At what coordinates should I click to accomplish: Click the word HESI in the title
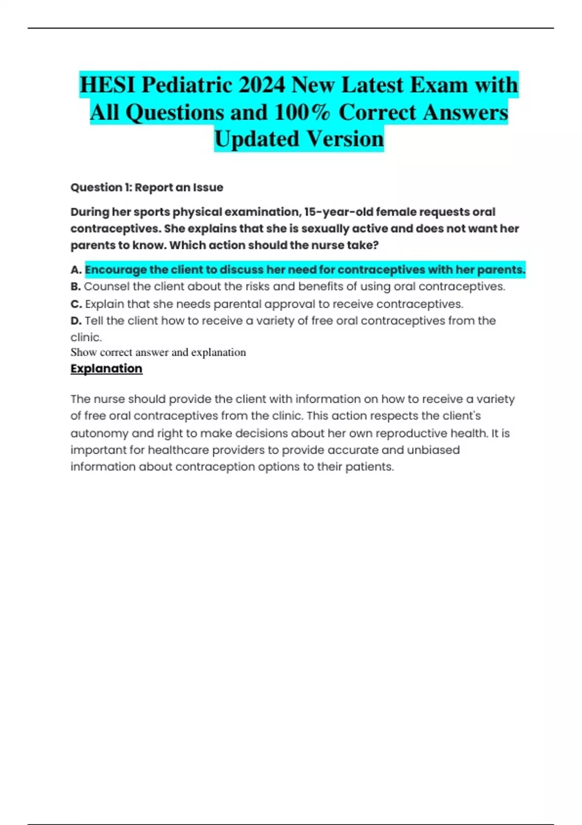click(x=107, y=85)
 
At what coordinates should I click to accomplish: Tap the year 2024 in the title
click(x=261, y=85)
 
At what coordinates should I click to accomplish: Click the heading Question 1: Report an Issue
click(x=146, y=187)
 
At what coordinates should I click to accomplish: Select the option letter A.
click(x=75, y=270)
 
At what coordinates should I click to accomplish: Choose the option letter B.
click(x=75, y=287)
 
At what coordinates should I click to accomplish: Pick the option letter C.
click(x=76, y=304)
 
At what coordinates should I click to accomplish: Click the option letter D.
click(x=75, y=321)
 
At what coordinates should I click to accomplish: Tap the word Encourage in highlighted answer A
click(x=115, y=270)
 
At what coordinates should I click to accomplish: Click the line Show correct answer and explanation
click(x=158, y=352)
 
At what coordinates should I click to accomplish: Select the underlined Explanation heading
click(x=106, y=369)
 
